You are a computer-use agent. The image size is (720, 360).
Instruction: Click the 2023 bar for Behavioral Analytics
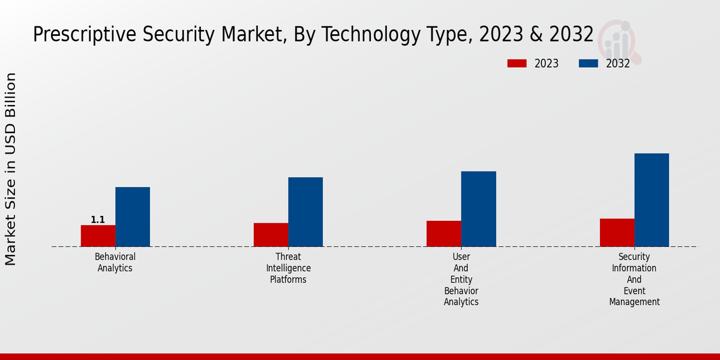[98, 236]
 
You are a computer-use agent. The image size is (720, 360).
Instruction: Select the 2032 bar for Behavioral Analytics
[133, 217]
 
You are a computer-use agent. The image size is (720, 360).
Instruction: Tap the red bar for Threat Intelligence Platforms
[271, 235]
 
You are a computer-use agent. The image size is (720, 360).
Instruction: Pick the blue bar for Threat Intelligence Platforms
[305, 212]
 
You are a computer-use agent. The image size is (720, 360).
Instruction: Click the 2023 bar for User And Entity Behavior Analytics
[443, 233]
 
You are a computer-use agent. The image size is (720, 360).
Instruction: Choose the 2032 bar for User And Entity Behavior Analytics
[478, 209]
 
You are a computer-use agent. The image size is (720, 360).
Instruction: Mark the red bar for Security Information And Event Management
[617, 232]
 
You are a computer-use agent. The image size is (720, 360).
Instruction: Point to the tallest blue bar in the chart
[652, 200]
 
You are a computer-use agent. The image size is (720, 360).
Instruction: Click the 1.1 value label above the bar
[98, 220]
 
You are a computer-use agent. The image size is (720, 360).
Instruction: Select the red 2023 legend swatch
[517, 64]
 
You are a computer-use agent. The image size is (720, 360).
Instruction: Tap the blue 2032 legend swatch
[588, 64]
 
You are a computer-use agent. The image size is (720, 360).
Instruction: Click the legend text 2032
[618, 64]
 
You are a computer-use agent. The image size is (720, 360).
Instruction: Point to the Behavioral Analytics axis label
[115, 262]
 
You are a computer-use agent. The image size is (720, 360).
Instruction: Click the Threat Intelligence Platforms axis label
[289, 268]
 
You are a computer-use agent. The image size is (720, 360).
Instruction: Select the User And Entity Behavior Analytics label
[461, 280]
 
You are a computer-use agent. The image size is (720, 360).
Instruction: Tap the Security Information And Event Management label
[634, 280]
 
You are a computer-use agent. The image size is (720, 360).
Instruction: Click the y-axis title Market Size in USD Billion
[11, 169]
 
